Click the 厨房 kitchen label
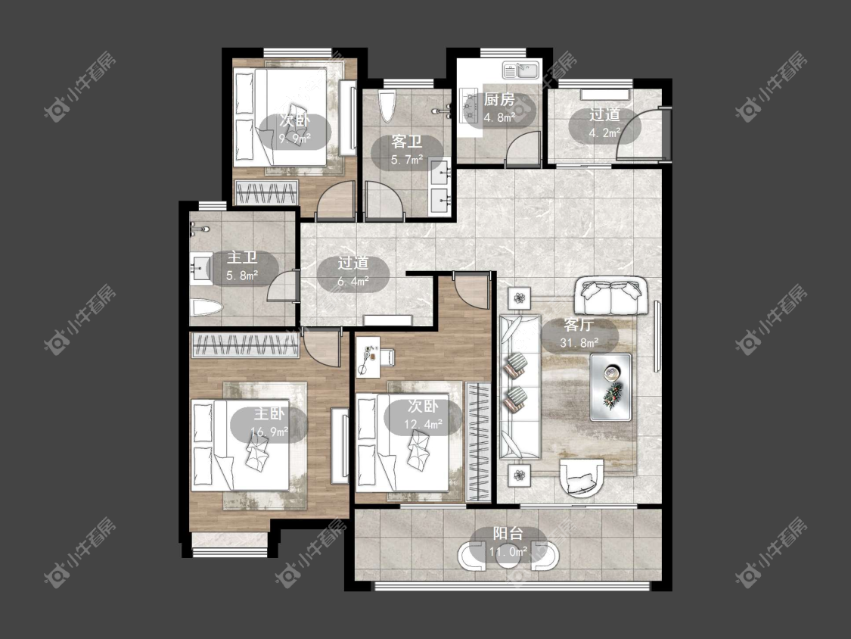pos(499,99)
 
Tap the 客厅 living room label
pos(579,325)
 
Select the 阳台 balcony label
pos(508,534)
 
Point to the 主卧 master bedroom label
pos(269,414)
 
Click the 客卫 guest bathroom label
pos(407,142)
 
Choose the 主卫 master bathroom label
pos(242,257)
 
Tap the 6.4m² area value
pos(353,281)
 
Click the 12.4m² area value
pos(424,424)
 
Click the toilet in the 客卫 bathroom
pos(387,107)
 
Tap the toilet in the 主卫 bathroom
pos(207,309)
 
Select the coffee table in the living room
pos(611,387)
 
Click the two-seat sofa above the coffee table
pos(612,295)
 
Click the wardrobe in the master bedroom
pos(245,345)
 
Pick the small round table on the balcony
pos(508,557)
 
